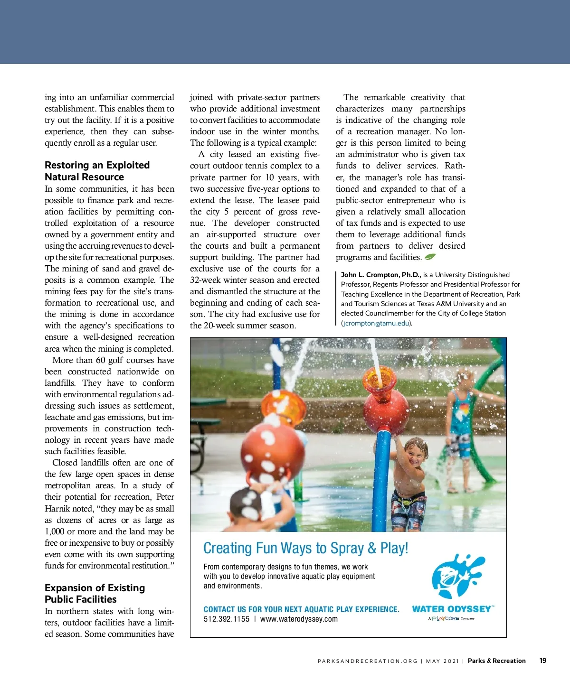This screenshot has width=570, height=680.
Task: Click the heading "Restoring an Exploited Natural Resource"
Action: point(97,171)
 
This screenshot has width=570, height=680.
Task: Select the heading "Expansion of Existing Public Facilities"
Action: point(95,593)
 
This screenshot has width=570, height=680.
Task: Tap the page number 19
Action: point(543,661)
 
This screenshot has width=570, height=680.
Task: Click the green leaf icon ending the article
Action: point(430,257)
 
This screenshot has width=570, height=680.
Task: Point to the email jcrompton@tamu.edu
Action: point(375,323)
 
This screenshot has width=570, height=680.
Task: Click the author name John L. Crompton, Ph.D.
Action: point(381,275)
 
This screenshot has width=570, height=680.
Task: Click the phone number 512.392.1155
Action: point(227,619)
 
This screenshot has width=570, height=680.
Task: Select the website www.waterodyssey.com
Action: point(299,619)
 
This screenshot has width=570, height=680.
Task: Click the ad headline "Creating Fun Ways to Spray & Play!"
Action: point(305,548)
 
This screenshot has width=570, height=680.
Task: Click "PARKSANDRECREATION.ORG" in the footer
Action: point(367,661)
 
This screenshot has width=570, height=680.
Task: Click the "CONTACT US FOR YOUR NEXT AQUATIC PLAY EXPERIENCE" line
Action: point(301,609)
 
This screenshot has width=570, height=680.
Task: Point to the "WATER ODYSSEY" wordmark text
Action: point(451,609)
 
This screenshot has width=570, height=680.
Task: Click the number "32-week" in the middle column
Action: point(205,280)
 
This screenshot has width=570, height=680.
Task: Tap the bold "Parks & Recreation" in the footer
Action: point(496,661)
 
